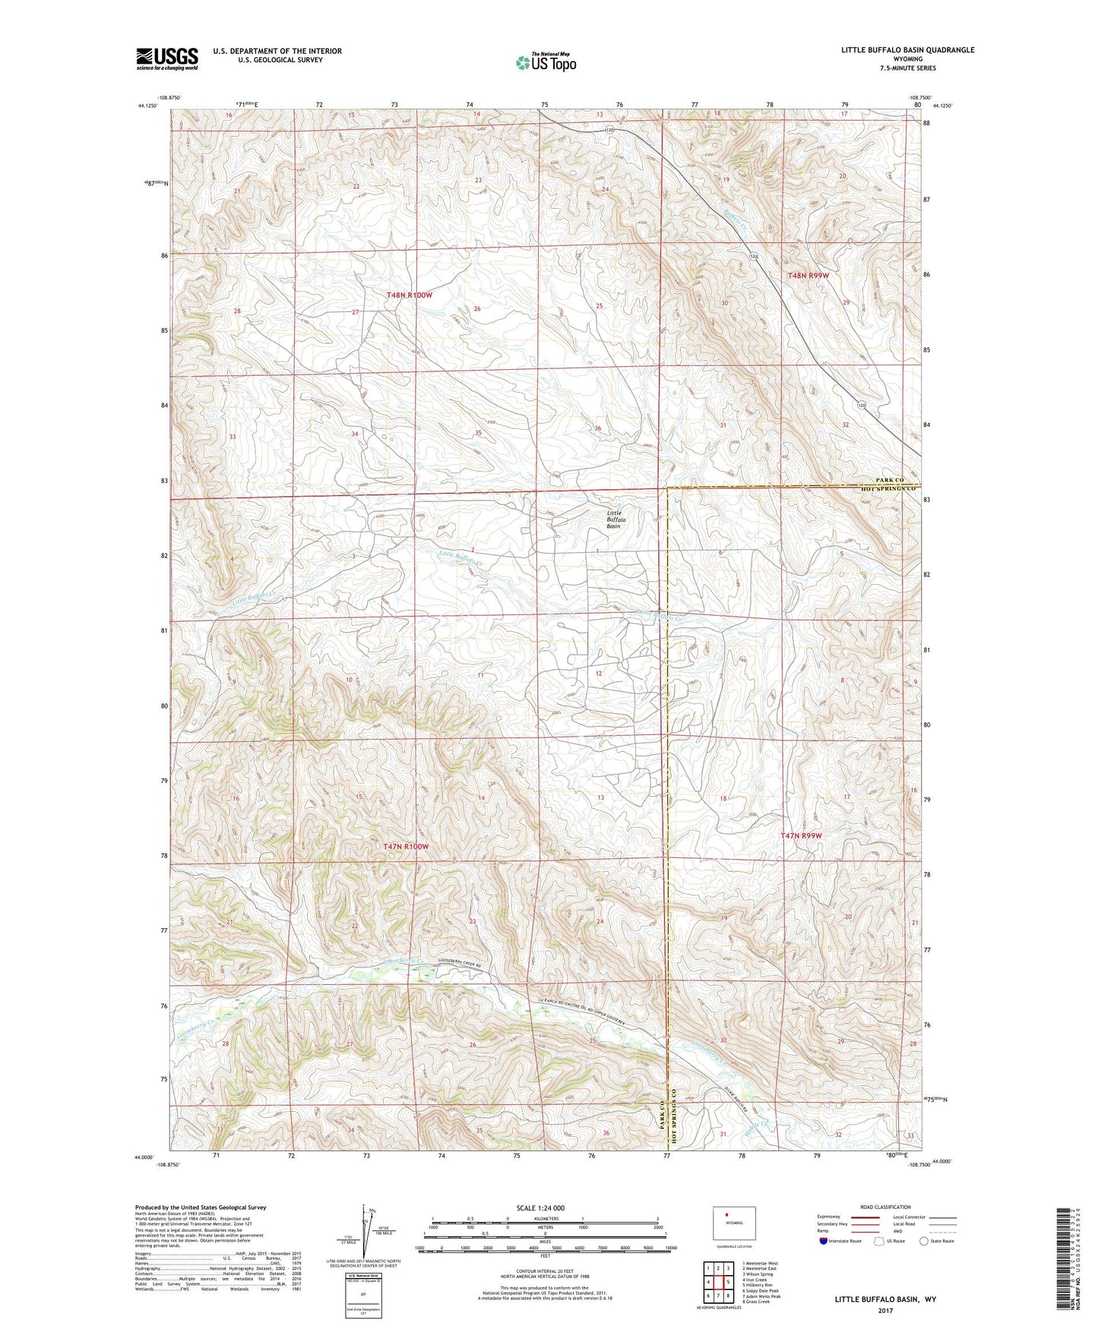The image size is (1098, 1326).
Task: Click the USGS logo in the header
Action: [167, 58]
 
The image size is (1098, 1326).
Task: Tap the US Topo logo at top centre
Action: [546, 62]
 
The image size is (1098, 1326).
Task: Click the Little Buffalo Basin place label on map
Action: [613, 519]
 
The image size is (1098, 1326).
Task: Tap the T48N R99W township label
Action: [808, 276]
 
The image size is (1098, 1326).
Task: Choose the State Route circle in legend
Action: [924, 1241]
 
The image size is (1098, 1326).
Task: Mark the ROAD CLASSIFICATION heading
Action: [885, 1207]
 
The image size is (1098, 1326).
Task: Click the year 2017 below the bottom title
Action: [884, 1310]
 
